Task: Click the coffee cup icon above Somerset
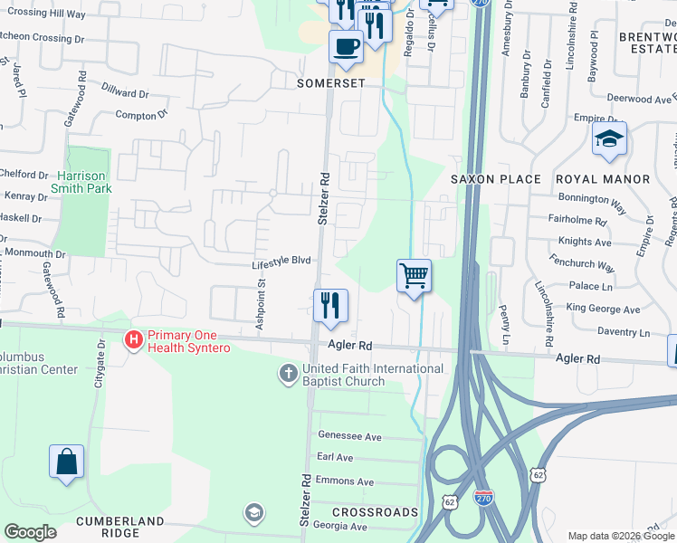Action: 345,45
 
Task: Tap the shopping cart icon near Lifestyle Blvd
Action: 414,275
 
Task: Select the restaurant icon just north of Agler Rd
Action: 330,305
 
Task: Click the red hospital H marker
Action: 133,340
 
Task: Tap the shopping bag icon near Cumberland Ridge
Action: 67,461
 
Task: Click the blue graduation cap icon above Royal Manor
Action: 609,138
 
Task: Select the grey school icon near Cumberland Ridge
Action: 254,514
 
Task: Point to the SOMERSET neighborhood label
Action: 330,82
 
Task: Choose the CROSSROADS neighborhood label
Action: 374,512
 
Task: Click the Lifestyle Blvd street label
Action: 281,261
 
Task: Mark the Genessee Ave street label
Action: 349,436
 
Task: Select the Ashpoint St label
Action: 259,308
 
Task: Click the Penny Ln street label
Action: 503,317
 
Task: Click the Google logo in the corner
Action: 30,532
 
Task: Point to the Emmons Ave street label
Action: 345,481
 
